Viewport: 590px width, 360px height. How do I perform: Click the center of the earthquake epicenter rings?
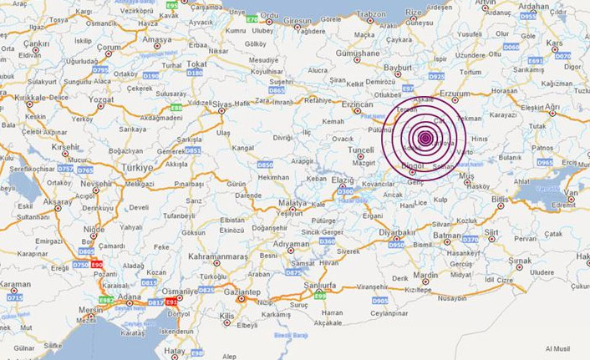click(425, 138)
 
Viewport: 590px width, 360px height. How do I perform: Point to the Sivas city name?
click(221, 104)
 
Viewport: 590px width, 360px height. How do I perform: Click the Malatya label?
click(292, 203)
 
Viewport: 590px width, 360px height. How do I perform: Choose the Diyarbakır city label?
click(397, 233)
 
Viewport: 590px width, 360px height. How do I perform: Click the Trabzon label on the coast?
click(371, 14)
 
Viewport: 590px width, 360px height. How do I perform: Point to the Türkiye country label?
click(138, 167)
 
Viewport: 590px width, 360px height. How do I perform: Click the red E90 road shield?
click(97, 264)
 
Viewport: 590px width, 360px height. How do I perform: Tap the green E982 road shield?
click(106, 299)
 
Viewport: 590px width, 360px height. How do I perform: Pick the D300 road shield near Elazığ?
click(344, 191)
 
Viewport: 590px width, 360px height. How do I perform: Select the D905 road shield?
click(379, 300)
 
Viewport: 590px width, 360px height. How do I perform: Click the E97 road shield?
click(408, 88)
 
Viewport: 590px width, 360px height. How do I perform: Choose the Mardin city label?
click(425, 275)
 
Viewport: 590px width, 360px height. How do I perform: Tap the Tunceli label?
click(361, 150)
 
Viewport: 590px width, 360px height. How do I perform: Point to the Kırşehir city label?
click(66, 146)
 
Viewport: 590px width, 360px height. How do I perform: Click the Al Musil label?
click(558, 347)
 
